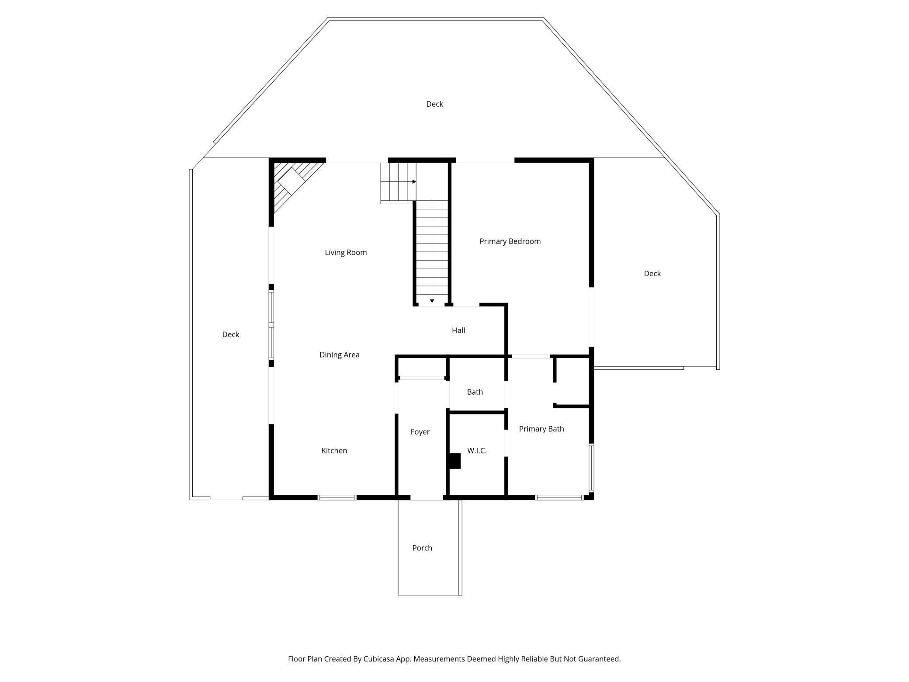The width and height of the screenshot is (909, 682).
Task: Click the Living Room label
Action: click(x=346, y=252)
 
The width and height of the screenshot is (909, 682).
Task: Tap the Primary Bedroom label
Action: click(x=510, y=241)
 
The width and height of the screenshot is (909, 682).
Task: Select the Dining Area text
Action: click(x=339, y=355)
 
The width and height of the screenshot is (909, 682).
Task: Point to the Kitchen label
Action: click(x=334, y=451)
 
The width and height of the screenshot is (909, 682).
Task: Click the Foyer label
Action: click(x=420, y=432)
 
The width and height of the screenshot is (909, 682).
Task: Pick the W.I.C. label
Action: click(x=477, y=451)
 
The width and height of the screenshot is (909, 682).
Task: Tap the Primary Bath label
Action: click(x=541, y=429)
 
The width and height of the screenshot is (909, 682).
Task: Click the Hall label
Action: click(x=458, y=331)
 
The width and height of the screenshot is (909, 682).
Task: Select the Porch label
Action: click(x=422, y=548)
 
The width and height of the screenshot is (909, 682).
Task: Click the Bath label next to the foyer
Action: click(x=475, y=392)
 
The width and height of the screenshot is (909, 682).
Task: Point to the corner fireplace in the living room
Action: click(x=293, y=184)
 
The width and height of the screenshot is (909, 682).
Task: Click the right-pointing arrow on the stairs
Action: click(x=414, y=181)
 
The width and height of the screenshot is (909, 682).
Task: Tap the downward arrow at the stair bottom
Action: click(x=432, y=301)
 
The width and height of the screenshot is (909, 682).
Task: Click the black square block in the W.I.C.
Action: click(x=455, y=461)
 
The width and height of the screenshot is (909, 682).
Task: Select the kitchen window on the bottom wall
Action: click(x=337, y=498)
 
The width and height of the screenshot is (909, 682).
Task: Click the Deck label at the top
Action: click(x=435, y=104)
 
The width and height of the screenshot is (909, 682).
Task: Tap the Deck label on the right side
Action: click(x=652, y=274)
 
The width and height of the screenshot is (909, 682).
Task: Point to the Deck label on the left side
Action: click(x=231, y=334)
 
